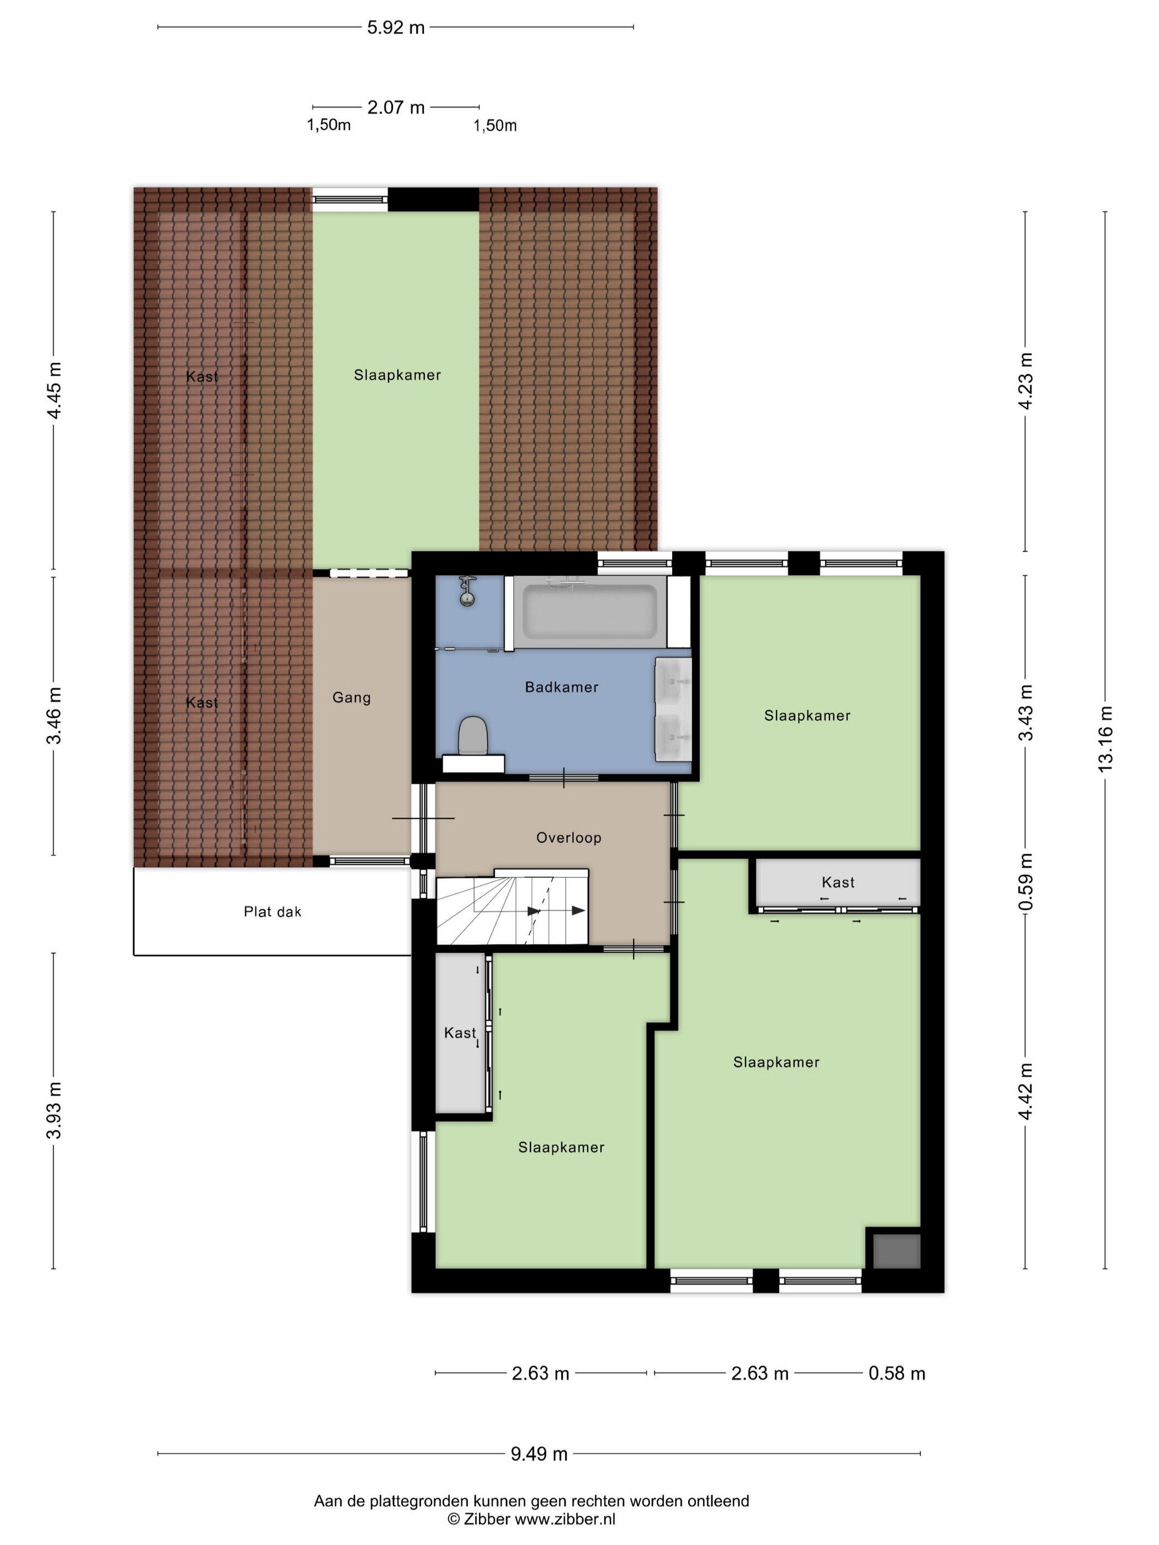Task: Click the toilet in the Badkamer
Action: (473, 736)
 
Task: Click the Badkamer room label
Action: (562, 688)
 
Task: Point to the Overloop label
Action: (568, 838)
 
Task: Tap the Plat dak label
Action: (273, 912)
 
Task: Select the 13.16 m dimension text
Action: (1104, 739)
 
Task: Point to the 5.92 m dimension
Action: (396, 28)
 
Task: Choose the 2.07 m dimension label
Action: (396, 108)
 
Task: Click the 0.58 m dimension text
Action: (897, 1374)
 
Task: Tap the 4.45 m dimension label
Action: (54, 390)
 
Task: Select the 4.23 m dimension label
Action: (1025, 381)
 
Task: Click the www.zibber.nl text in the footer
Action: (565, 1519)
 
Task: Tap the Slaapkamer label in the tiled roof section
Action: (397, 375)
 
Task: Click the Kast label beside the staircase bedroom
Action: (460, 1032)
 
